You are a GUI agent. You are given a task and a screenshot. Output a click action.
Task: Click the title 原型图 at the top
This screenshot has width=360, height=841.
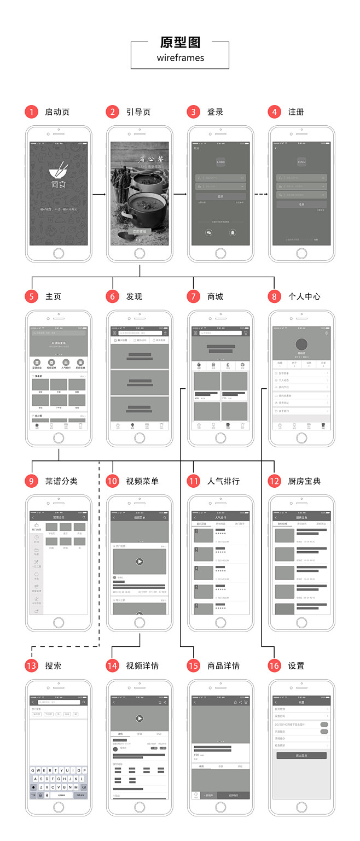pyautogui.click(x=180, y=43)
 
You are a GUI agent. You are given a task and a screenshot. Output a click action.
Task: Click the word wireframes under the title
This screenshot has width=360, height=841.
pyautogui.click(x=180, y=57)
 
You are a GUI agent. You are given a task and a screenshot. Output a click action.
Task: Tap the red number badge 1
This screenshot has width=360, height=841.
pyautogui.click(x=32, y=112)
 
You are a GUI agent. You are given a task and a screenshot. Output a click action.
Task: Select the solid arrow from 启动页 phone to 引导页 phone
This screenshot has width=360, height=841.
pyautogui.click(x=98, y=194)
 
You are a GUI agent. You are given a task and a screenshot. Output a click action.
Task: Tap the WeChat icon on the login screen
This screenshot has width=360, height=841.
pyautogui.click(x=208, y=232)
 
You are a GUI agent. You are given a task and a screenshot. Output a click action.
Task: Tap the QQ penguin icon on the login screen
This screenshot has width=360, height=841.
pyautogui.click(x=233, y=232)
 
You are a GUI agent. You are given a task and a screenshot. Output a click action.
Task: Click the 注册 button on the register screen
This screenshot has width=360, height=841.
pyautogui.click(x=301, y=204)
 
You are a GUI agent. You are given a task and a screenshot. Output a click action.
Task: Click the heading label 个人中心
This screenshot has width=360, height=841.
pyautogui.click(x=304, y=297)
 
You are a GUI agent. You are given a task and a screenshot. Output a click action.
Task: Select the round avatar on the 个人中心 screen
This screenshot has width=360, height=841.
pyautogui.click(x=301, y=344)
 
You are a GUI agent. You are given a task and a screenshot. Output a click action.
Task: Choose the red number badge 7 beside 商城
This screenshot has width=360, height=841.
pyautogui.click(x=194, y=297)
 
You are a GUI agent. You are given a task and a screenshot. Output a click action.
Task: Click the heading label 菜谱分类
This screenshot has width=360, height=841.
pyautogui.click(x=61, y=481)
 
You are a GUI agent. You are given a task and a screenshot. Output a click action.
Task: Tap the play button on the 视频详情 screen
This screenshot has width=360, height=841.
pyautogui.click(x=140, y=718)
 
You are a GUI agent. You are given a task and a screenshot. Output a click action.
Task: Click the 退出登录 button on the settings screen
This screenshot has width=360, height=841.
pyautogui.click(x=301, y=755)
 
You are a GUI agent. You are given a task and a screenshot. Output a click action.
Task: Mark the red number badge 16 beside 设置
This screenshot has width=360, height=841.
pyautogui.click(x=275, y=666)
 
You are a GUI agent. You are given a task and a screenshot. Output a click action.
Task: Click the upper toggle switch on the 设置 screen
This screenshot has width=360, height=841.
pyautogui.click(x=324, y=725)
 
